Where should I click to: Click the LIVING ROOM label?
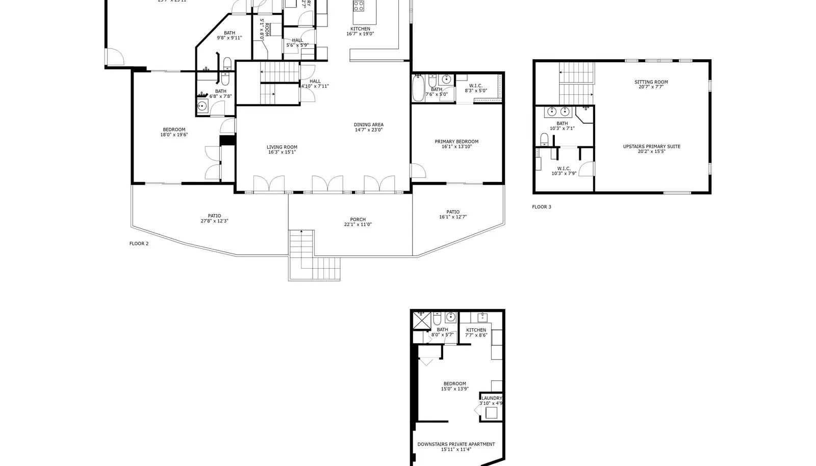point(282,147)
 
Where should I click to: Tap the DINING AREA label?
point(368,125)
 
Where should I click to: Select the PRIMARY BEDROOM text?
point(456,142)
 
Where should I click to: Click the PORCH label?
point(358,220)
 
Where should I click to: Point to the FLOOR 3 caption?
point(541,207)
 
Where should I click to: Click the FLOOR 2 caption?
point(139,244)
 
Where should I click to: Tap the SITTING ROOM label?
point(651,82)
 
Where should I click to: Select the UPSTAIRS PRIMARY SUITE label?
point(651,147)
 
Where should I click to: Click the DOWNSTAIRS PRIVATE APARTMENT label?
point(456,445)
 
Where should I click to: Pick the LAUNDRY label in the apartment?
point(492,398)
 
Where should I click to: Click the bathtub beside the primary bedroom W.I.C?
point(417,89)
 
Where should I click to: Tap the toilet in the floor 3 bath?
point(544,139)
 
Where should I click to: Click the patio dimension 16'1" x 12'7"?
point(452,217)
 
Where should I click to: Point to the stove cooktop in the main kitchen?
point(359,6)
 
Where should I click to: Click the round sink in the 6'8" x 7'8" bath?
point(202,106)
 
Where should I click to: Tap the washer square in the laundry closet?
point(491,413)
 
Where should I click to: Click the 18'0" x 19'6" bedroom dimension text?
point(174,135)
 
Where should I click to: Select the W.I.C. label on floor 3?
point(564,169)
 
